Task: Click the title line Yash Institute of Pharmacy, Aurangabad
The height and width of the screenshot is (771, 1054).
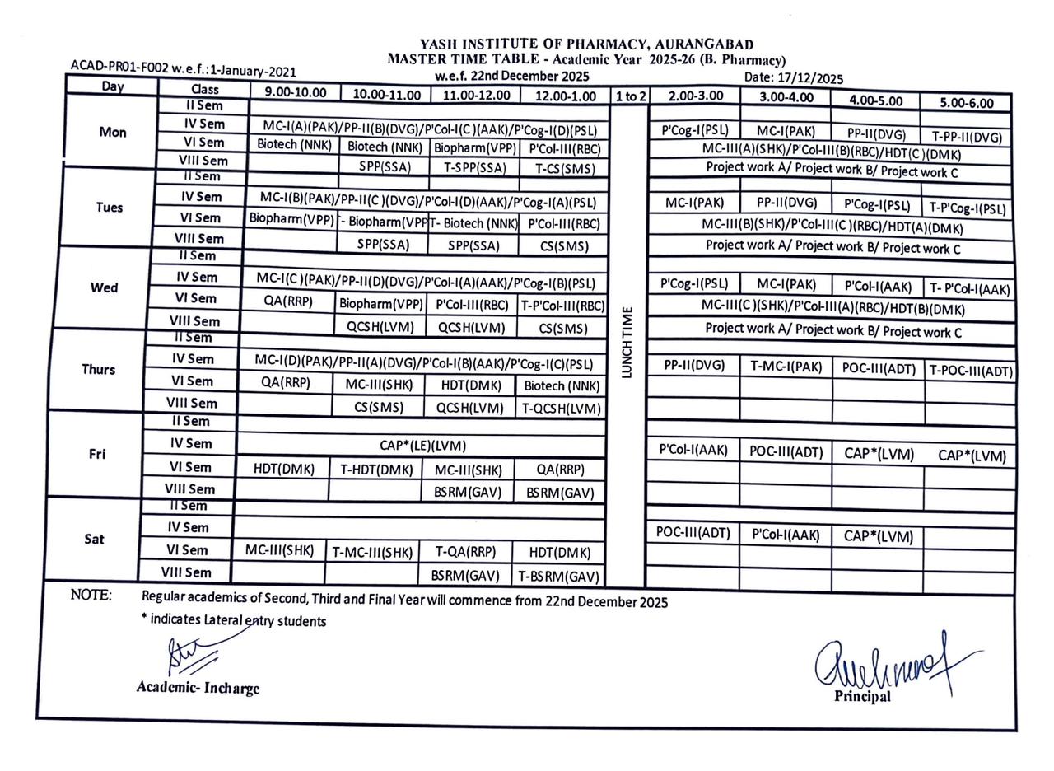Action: [586, 44]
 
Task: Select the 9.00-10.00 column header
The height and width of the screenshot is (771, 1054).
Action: [295, 93]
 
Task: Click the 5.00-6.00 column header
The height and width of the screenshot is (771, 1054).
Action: [964, 103]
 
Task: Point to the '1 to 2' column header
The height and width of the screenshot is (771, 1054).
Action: [630, 96]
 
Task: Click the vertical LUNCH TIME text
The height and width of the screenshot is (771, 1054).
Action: [627, 342]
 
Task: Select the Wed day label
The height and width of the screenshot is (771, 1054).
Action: [104, 287]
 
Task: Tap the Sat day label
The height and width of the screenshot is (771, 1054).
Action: [94, 539]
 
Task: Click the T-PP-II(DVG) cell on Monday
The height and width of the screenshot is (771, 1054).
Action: [967, 138]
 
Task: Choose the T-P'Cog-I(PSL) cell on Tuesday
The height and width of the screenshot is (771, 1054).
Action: [968, 209]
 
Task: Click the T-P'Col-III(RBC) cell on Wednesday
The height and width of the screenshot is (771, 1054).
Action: [562, 306]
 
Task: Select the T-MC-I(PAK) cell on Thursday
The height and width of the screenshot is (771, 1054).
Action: [786, 367]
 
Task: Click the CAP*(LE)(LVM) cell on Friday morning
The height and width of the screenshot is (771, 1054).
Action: [422, 446]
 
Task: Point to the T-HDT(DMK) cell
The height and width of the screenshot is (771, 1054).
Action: [376, 470]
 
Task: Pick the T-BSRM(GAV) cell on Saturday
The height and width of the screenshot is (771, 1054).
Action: [557, 577]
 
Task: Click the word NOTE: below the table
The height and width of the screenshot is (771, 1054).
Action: [91, 596]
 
